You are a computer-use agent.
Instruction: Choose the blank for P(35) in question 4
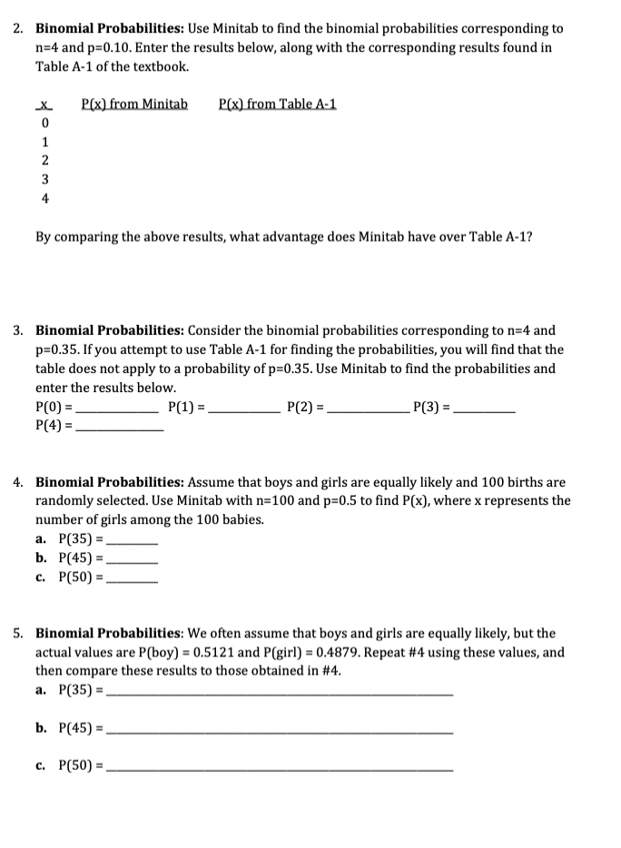point(133,540)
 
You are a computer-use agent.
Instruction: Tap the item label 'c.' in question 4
point(43,576)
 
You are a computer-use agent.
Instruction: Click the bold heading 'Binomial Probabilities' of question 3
point(111,330)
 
